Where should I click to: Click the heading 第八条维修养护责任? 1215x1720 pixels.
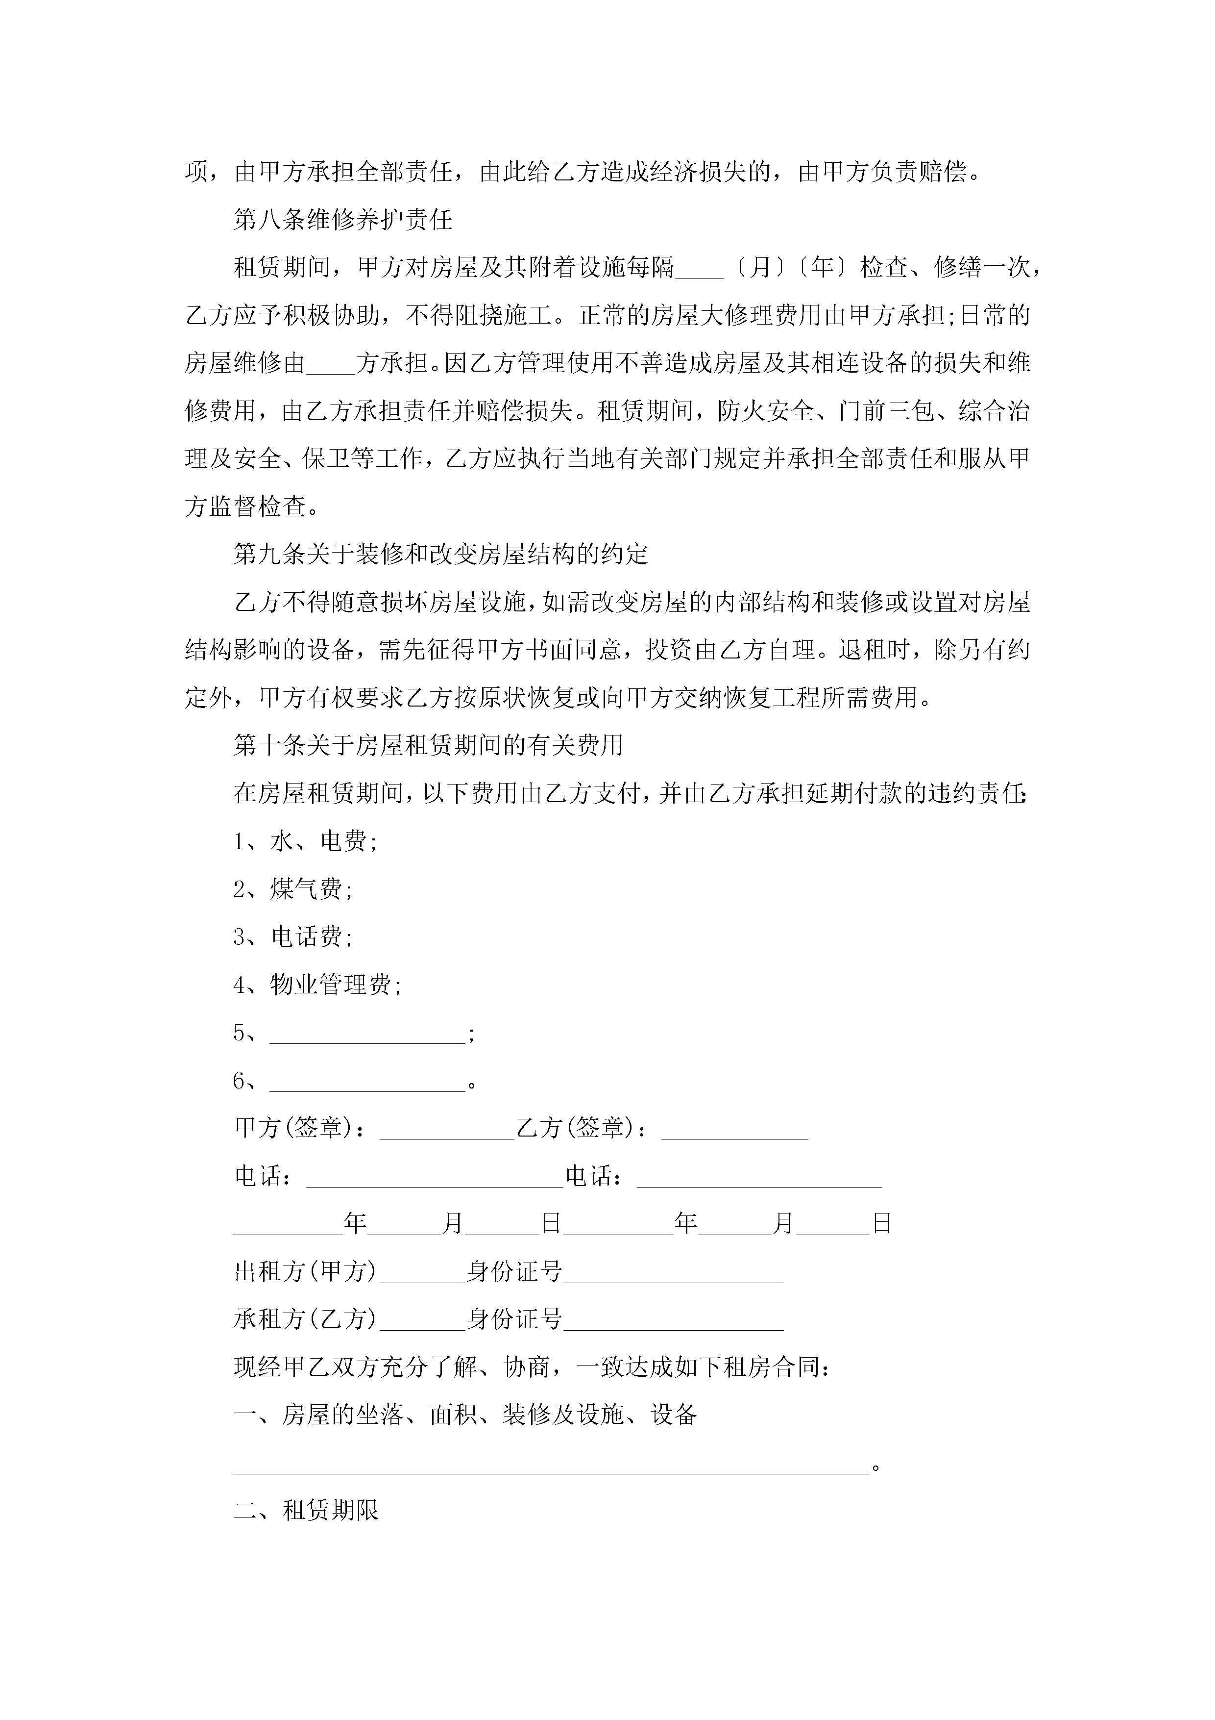(x=343, y=220)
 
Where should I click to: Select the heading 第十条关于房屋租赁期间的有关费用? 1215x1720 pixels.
(x=428, y=745)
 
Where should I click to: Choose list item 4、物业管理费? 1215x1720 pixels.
(x=317, y=985)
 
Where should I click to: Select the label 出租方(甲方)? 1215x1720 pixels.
(x=305, y=1271)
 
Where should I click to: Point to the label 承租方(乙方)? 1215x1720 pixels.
(x=305, y=1319)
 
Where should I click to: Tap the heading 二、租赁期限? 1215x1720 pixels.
(x=306, y=1510)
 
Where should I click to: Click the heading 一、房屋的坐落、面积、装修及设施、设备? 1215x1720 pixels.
(x=465, y=1415)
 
